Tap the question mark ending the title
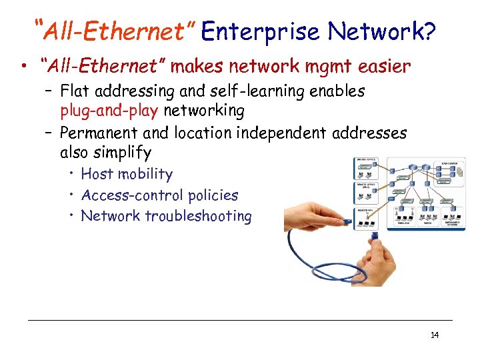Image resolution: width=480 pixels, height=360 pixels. pos(428,31)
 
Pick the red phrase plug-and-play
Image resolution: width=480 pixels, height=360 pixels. pos(109,110)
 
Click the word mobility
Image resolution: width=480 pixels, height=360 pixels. pos(146,175)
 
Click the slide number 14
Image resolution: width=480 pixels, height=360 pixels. pos(435,335)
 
